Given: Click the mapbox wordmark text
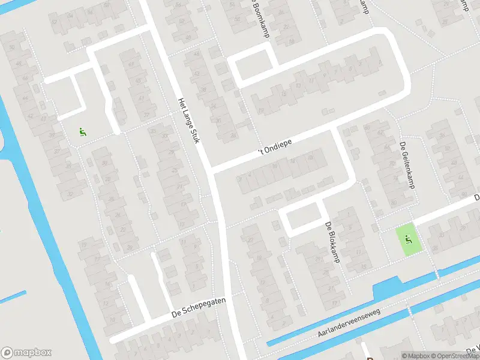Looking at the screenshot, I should pyautogui.click(x=33, y=353).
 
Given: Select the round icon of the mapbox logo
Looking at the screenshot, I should pyautogui.click(x=7, y=353).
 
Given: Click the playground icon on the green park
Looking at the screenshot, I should pyautogui.click(x=407, y=239).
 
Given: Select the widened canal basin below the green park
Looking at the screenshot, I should pyautogui.click(x=390, y=289).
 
